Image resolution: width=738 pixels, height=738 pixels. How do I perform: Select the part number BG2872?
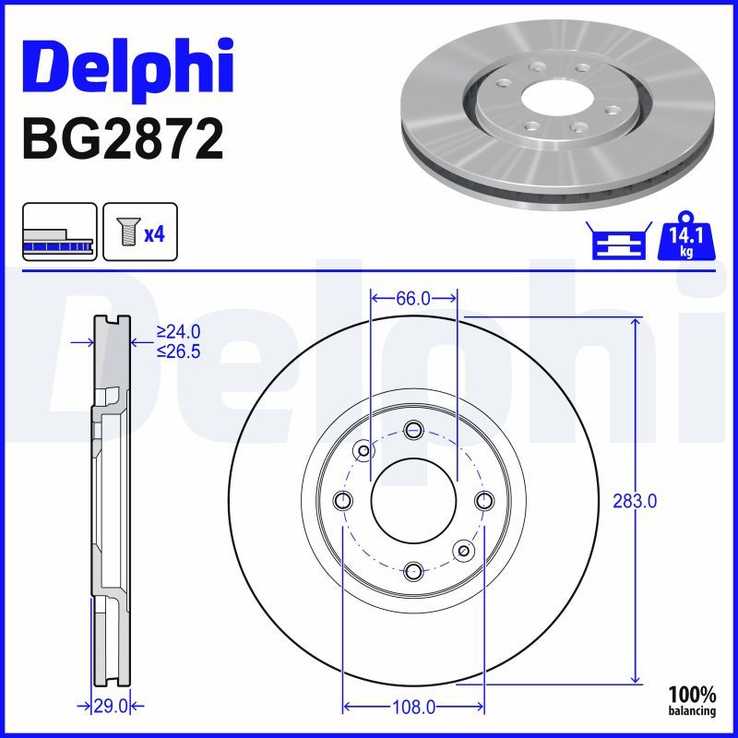(123, 139)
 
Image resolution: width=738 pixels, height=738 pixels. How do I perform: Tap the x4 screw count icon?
(140, 232)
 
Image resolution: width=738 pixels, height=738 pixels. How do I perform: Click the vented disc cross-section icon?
(59, 232)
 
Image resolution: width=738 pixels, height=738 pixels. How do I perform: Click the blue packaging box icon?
(619, 240)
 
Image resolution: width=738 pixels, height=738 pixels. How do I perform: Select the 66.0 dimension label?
(413, 298)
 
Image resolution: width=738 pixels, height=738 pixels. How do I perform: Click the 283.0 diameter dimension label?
(635, 501)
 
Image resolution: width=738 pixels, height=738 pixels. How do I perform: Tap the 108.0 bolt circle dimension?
(413, 707)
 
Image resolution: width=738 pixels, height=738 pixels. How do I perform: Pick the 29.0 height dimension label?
(111, 706)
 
